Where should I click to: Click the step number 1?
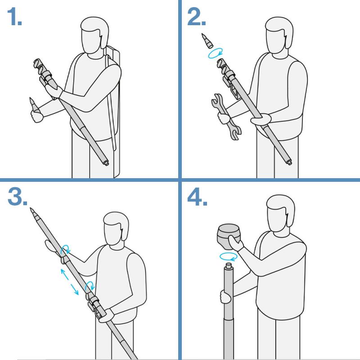(x=14, y=17)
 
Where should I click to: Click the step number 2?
(x=196, y=17)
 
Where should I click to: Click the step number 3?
(x=17, y=197)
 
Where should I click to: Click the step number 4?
(x=197, y=197)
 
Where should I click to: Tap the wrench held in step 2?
(x=226, y=117)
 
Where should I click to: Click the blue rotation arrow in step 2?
(x=216, y=53)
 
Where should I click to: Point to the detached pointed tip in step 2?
(x=207, y=40)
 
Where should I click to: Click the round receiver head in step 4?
(x=229, y=237)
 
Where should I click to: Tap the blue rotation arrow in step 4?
(x=228, y=256)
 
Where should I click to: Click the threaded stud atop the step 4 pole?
(x=229, y=266)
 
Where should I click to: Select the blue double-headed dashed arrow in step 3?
(x=70, y=282)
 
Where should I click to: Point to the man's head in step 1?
(x=94, y=35)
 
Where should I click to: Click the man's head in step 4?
(x=280, y=213)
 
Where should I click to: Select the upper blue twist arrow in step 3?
(x=65, y=250)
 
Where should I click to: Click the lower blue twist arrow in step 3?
(x=90, y=286)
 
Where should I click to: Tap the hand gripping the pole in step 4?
(x=225, y=297)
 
